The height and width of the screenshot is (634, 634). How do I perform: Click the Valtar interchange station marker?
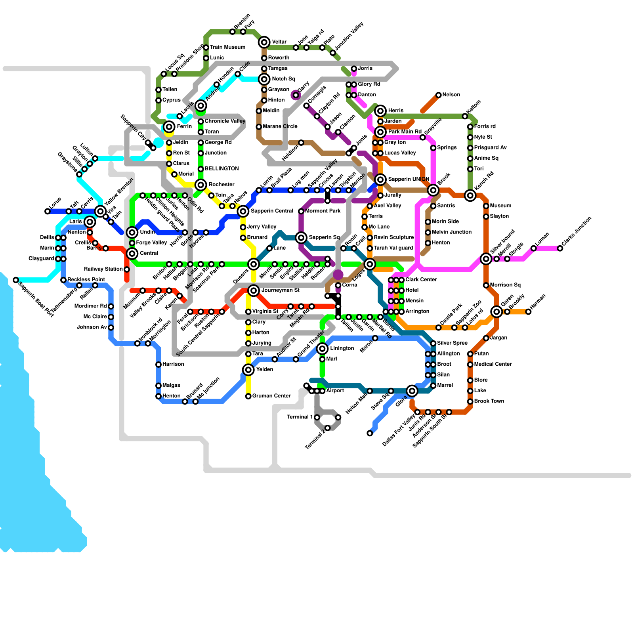coord(264,42)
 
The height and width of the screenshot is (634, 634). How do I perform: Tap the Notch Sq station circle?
coord(264,79)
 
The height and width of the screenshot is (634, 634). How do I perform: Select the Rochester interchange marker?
coord(201,185)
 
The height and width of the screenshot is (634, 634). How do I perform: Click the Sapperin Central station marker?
coord(243,211)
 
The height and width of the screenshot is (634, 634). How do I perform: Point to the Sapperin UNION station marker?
coord(380,180)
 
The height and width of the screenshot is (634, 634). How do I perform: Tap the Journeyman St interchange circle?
coord(254,290)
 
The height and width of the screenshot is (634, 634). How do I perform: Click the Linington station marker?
coord(323,349)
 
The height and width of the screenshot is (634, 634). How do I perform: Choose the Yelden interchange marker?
coord(248,370)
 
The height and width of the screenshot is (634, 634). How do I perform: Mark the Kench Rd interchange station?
coord(470,195)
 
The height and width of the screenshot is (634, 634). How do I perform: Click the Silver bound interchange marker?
coord(486,259)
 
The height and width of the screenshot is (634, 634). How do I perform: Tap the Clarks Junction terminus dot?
coord(560,248)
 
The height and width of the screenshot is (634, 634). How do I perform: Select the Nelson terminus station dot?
coord(438,95)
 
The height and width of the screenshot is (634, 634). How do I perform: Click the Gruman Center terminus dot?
coord(248,396)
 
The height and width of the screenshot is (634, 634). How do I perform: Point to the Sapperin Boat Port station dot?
coord(16,280)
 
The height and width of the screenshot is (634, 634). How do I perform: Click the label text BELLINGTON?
coord(222,169)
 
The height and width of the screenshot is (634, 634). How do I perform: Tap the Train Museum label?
coord(227,47)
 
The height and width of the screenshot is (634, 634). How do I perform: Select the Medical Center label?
coord(493,364)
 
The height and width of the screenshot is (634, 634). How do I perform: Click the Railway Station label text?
coord(103,269)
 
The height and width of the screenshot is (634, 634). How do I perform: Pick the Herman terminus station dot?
coord(528,312)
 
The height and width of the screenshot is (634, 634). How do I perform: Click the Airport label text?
coord(335,391)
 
